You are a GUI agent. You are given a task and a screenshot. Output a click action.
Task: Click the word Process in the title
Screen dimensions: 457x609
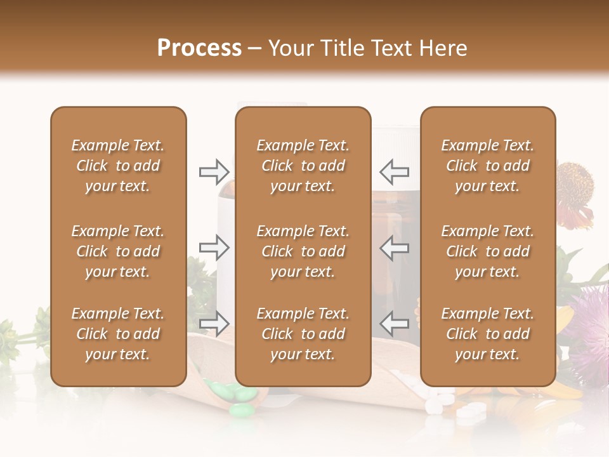pyautogui.click(x=199, y=48)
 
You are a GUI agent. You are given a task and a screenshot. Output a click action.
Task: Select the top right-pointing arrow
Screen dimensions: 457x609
pyautogui.click(x=214, y=171)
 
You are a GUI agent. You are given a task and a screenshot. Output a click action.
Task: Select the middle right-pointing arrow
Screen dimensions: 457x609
pyautogui.click(x=214, y=248)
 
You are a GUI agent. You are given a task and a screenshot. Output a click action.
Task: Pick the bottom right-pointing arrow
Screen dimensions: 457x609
pyautogui.click(x=214, y=323)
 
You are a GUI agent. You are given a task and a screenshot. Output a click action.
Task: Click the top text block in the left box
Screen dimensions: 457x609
pyautogui.click(x=118, y=166)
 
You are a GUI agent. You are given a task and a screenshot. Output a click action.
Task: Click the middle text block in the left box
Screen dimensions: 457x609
pyautogui.click(x=118, y=251)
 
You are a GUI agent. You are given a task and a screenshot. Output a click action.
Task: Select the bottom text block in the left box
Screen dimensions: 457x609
pyautogui.click(x=118, y=334)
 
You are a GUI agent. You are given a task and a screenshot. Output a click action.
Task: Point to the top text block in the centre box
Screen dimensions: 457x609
pyautogui.click(x=303, y=166)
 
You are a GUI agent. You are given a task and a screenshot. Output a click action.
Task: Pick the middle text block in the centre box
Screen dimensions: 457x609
pyautogui.click(x=303, y=251)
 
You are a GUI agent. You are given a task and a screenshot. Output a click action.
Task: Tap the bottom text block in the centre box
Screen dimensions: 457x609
pyautogui.click(x=303, y=334)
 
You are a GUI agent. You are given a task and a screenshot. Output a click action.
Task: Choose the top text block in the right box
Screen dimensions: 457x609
pyautogui.click(x=488, y=166)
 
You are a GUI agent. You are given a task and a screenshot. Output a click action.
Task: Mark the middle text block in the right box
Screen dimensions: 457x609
pyautogui.click(x=488, y=251)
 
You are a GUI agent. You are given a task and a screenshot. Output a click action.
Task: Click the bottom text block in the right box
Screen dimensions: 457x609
pyautogui.click(x=488, y=334)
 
